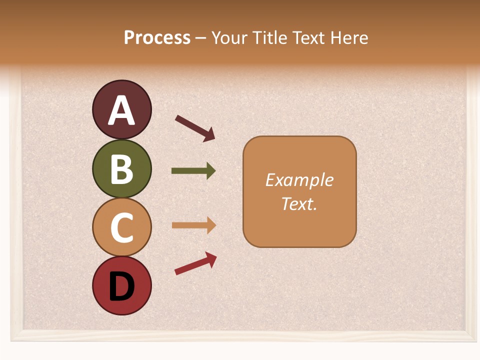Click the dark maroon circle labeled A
121,109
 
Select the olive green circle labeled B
121,168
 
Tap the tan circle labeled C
121,227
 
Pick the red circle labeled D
121,285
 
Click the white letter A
121,110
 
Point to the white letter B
121,169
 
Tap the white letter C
121,227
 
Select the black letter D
121,286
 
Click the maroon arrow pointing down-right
195,128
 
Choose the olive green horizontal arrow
193,171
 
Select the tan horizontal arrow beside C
193,225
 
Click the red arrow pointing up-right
195,263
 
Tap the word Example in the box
299,180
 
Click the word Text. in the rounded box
299,203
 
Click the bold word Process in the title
157,37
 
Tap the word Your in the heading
230,37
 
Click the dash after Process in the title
201,38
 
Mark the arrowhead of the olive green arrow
211,171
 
